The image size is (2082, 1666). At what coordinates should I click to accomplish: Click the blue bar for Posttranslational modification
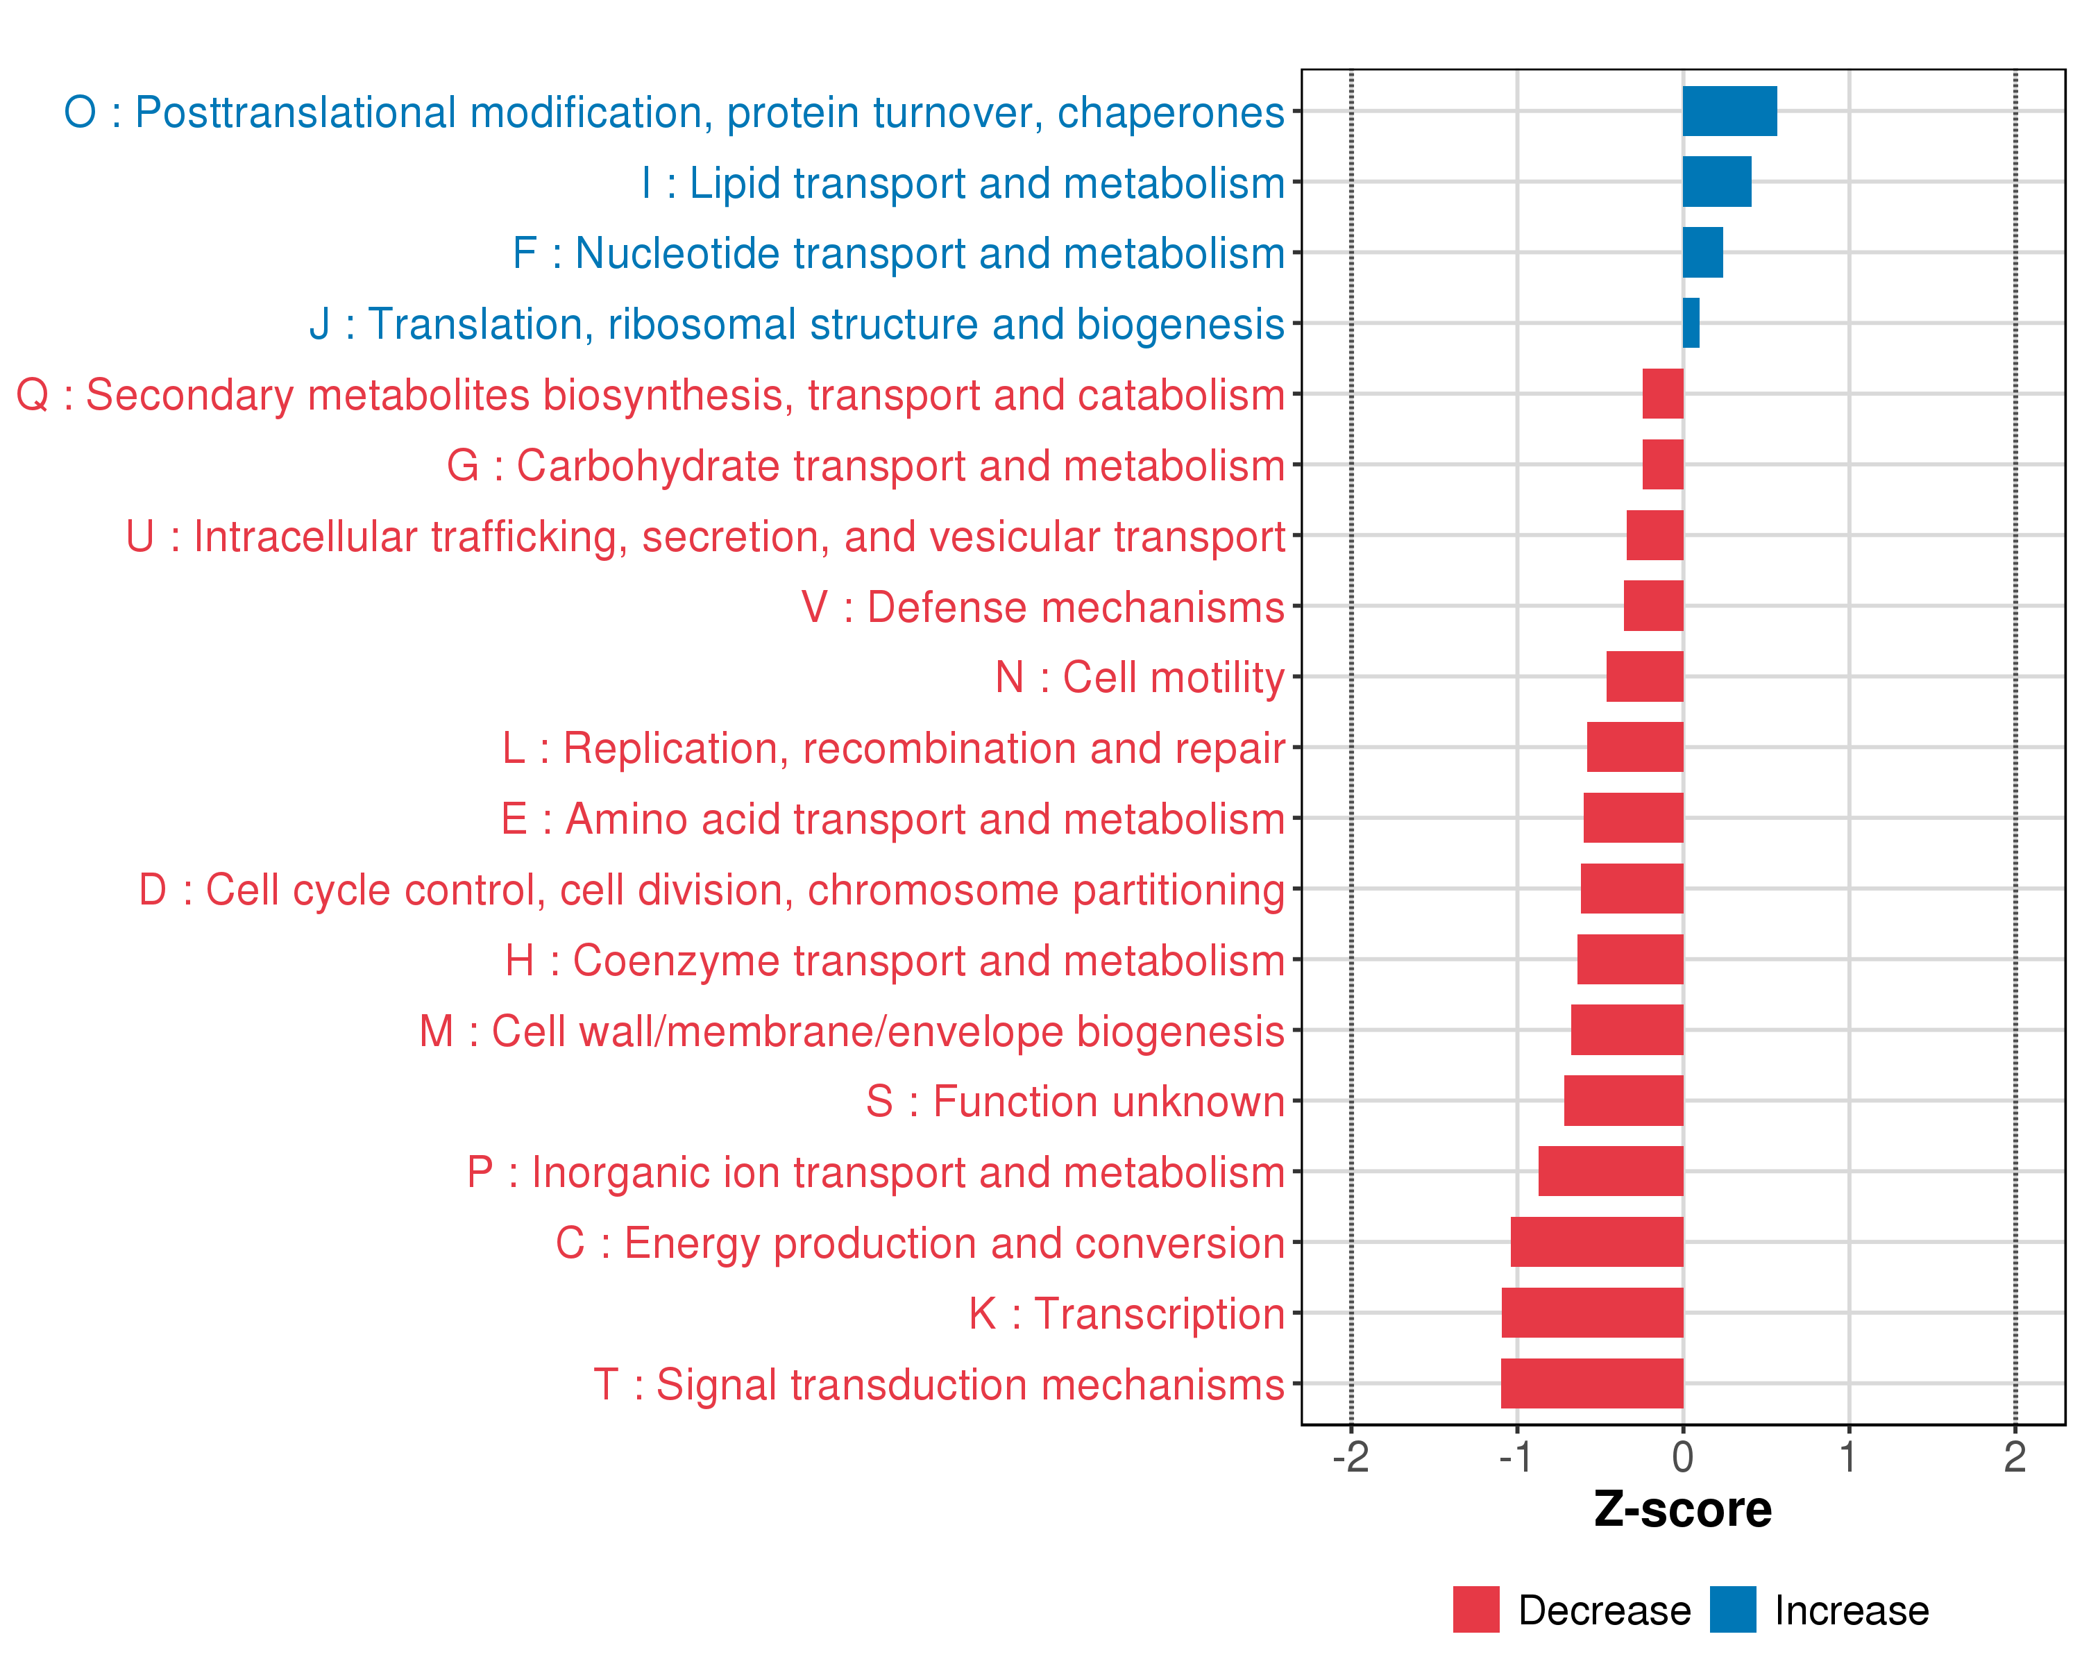pos(1729,111)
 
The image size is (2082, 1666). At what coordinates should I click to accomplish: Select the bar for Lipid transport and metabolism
pos(1716,182)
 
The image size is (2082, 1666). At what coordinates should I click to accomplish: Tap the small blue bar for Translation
pos(1691,323)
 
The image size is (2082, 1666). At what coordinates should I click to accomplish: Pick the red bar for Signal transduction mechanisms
pos(1591,1383)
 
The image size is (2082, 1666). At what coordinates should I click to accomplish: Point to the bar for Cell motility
pos(1645,676)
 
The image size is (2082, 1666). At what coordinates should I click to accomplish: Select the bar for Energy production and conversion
pos(1596,1242)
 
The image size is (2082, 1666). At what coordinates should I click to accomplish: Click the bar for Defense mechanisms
pos(1653,605)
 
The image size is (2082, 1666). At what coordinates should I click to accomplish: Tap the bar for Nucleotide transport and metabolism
pos(1702,252)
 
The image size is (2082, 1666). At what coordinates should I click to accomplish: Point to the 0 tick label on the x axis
pos(1682,1457)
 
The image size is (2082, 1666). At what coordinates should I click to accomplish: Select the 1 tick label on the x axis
pos(1848,1457)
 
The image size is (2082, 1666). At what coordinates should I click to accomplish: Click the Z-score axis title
pos(1682,1510)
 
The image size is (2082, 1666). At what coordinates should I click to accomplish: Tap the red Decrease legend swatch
pos(1475,1610)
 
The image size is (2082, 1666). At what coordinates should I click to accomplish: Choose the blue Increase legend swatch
pos(1732,1610)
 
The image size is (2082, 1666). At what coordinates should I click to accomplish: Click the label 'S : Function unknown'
pos(1075,1102)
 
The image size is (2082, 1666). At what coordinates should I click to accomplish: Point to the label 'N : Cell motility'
pos(1140,677)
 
